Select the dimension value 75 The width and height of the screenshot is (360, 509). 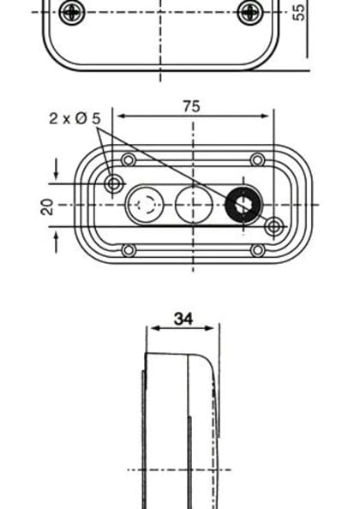coord(193,106)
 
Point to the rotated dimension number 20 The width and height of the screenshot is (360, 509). coord(47,206)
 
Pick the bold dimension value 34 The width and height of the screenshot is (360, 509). coord(183,318)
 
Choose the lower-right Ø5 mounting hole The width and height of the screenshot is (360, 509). coord(273,226)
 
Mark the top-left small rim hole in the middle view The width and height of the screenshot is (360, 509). coord(129,160)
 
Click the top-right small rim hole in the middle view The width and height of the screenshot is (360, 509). coord(257,160)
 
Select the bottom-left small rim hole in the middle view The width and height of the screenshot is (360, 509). coord(129,250)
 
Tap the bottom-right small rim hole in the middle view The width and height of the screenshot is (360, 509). coord(257,250)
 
